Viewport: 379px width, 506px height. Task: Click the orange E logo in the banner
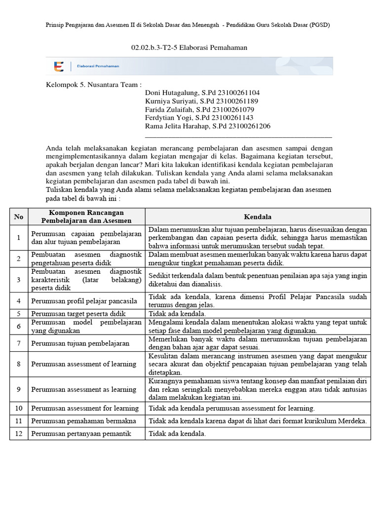pyautogui.click(x=59, y=66)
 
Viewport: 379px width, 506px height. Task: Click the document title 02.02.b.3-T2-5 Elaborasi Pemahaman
pyautogui.click(x=189, y=47)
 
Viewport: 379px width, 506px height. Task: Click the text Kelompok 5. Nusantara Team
pyautogui.click(x=94, y=84)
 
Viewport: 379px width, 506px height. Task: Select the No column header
pyautogui.click(x=19, y=216)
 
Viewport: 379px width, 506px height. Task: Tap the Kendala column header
pyautogui.click(x=258, y=216)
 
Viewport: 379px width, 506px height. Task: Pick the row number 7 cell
pyautogui.click(x=19, y=343)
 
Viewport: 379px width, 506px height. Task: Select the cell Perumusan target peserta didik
pyautogui.click(x=78, y=314)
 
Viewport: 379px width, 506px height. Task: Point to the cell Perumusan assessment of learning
pyautogui.click(x=83, y=364)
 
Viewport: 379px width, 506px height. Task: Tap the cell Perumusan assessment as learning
pyautogui.click(x=83, y=389)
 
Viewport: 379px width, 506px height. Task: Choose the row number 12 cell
pyautogui.click(x=19, y=434)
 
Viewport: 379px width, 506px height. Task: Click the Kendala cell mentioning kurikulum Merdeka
pyautogui.click(x=258, y=421)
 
